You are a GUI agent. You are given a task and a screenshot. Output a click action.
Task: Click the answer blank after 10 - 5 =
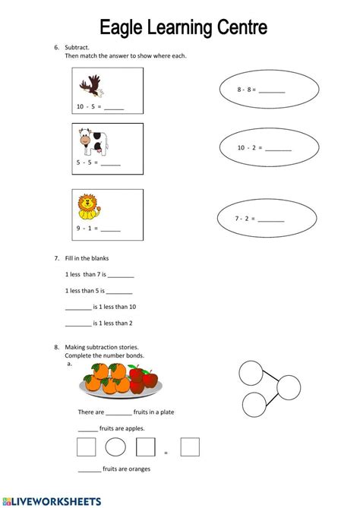113,108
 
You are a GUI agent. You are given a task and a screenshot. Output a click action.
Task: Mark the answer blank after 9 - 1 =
110,228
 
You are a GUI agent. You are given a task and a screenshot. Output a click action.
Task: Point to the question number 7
56,258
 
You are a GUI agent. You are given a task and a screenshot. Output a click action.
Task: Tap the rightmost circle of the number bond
289,388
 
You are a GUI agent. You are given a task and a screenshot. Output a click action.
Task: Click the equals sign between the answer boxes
166,453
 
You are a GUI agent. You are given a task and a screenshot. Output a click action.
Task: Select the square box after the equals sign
190,446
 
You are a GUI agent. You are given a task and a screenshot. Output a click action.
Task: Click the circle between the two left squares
115,446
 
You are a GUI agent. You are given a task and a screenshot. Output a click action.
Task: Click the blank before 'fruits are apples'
87,428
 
